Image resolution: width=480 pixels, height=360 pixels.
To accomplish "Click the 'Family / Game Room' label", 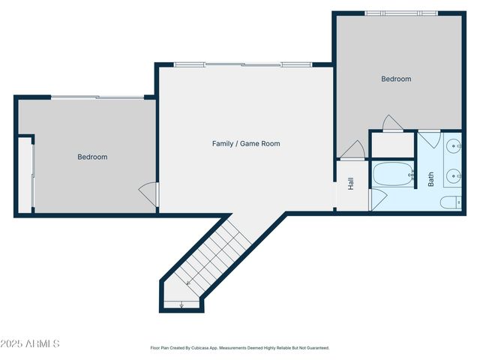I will pos(246,143).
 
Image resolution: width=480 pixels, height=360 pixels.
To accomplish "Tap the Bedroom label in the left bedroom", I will pos(92,157).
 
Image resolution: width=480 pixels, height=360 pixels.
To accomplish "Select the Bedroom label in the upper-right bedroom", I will pos(396,79).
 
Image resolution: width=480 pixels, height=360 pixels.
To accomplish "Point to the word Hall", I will pos(350,184).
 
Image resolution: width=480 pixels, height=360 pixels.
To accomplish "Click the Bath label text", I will pos(431,180).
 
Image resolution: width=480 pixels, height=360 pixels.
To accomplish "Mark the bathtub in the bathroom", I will pos(392,175).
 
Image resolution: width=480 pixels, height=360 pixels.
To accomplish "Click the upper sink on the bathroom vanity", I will pos(454,147).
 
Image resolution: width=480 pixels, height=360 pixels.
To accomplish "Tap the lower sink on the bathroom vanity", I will pos(454,177).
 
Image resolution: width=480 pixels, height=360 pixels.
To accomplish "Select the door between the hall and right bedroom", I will pos(352,151).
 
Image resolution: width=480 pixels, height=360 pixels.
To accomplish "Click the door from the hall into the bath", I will pos(378,199).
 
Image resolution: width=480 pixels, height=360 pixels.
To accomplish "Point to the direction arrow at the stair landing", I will pos(181,304).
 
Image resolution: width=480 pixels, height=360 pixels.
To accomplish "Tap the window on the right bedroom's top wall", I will pos(401,13).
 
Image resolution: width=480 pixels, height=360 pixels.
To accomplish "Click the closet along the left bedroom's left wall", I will pos(25,174).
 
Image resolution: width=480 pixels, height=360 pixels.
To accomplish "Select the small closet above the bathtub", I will pos(393,144).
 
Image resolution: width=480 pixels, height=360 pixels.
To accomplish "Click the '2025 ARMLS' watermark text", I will pos(30,343).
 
